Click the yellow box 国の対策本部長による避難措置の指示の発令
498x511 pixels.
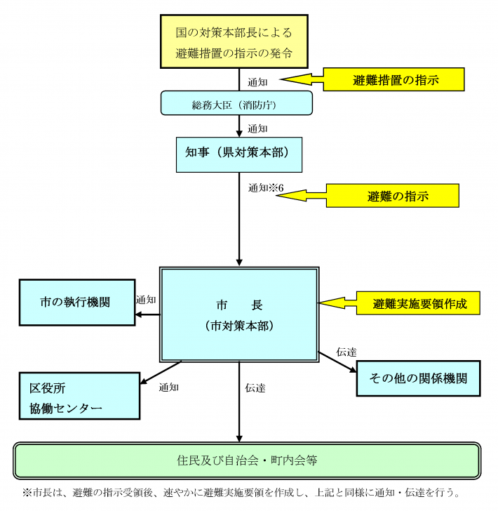click(234, 42)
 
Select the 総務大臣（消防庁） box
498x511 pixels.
click(236, 103)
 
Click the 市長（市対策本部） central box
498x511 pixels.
click(239, 314)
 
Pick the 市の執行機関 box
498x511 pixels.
click(76, 303)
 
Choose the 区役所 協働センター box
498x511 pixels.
click(79, 397)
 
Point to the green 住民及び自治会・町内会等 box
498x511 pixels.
click(247, 461)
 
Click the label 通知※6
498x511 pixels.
click(266, 188)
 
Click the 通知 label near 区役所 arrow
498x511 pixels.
click(168, 387)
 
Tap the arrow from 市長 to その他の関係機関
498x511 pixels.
click(337, 360)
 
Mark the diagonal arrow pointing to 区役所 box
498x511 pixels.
click(161, 373)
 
